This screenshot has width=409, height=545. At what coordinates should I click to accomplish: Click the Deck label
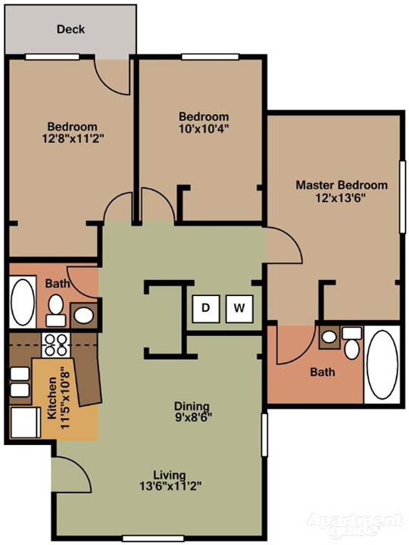point(70,30)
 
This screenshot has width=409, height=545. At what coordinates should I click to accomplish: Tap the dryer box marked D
point(204,307)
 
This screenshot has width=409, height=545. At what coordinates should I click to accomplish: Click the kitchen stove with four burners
point(55,345)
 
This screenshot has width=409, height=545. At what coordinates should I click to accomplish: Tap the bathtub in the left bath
point(21,303)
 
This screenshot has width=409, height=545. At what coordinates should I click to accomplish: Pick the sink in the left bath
point(84,314)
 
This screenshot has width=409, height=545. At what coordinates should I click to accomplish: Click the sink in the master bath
point(329,338)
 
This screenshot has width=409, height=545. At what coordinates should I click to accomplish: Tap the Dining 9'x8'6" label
point(191,411)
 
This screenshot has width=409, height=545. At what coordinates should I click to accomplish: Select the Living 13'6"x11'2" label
point(170,481)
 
